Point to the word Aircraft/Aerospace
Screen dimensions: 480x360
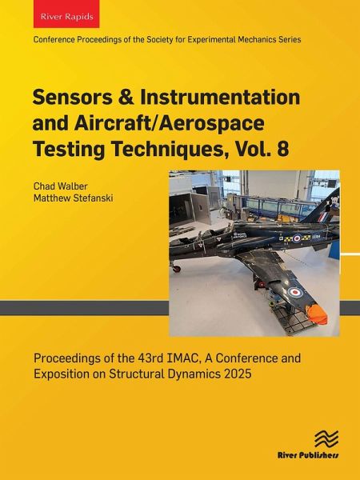tap(153, 124)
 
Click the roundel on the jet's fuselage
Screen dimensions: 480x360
tap(296, 237)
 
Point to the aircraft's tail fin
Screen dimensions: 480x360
tap(324, 200)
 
